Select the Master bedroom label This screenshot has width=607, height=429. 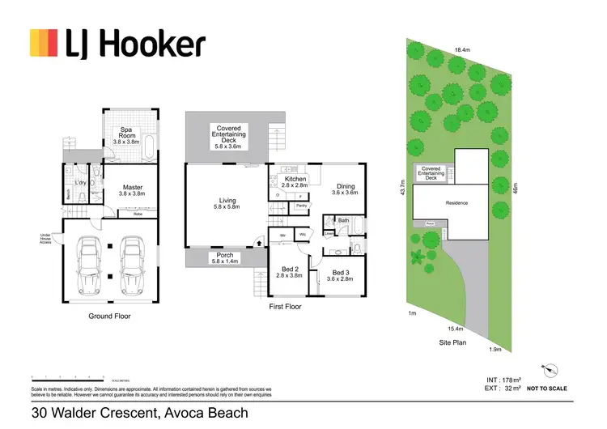click(132, 191)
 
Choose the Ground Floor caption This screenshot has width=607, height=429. click(110, 316)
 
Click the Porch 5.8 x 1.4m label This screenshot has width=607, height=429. click(227, 258)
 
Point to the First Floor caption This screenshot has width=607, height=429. click(284, 308)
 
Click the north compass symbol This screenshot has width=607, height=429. click(550, 368)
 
